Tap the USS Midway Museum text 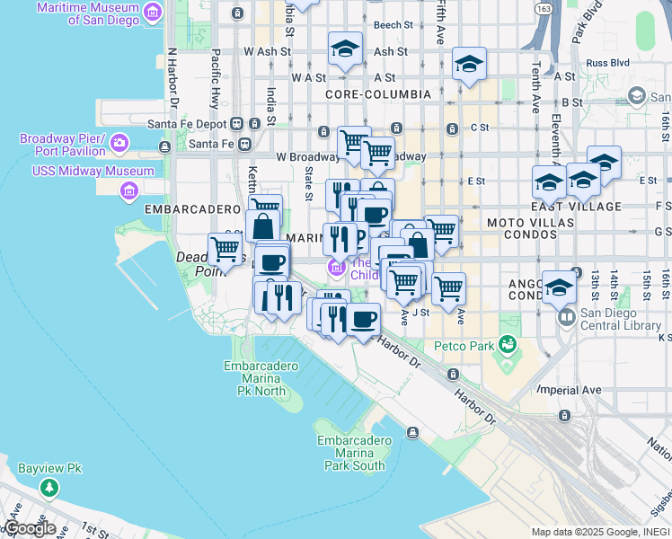pos(93,171)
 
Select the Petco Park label pos(464,345)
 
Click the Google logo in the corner pos(30,528)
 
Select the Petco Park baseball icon pos(508,344)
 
